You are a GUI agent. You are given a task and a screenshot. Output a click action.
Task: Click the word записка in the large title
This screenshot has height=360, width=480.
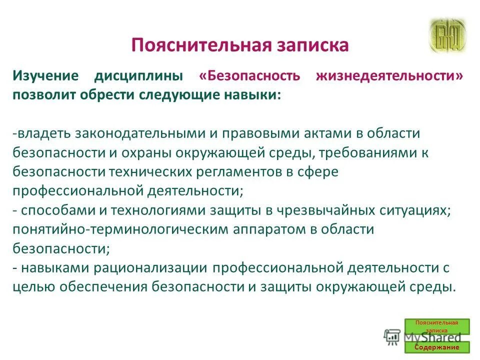point(311,45)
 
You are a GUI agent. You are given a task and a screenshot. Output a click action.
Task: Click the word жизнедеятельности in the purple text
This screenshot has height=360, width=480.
point(389,76)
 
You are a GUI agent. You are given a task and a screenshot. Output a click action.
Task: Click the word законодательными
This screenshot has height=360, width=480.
point(138,133)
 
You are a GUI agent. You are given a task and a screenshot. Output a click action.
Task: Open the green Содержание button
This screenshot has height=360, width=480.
point(436,347)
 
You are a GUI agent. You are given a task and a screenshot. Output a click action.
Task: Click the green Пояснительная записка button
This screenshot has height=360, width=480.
point(436,326)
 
